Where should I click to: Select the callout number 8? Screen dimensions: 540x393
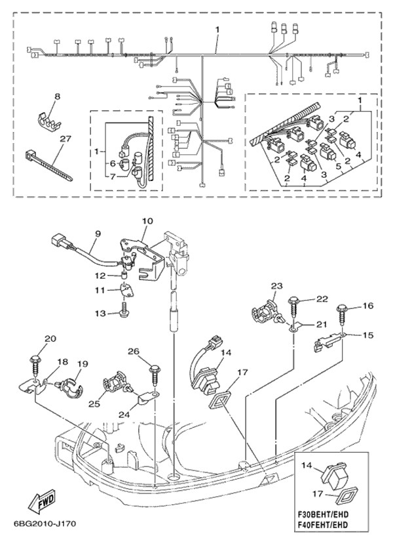tap(57, 97)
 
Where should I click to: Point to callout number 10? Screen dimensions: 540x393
tap(145, 221)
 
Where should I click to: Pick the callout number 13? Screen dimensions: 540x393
tap(100, 314)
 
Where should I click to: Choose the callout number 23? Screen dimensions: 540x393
tap(276, 286)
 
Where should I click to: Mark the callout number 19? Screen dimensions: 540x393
tap(83, 364)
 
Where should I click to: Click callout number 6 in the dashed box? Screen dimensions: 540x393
tap(112, 164)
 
